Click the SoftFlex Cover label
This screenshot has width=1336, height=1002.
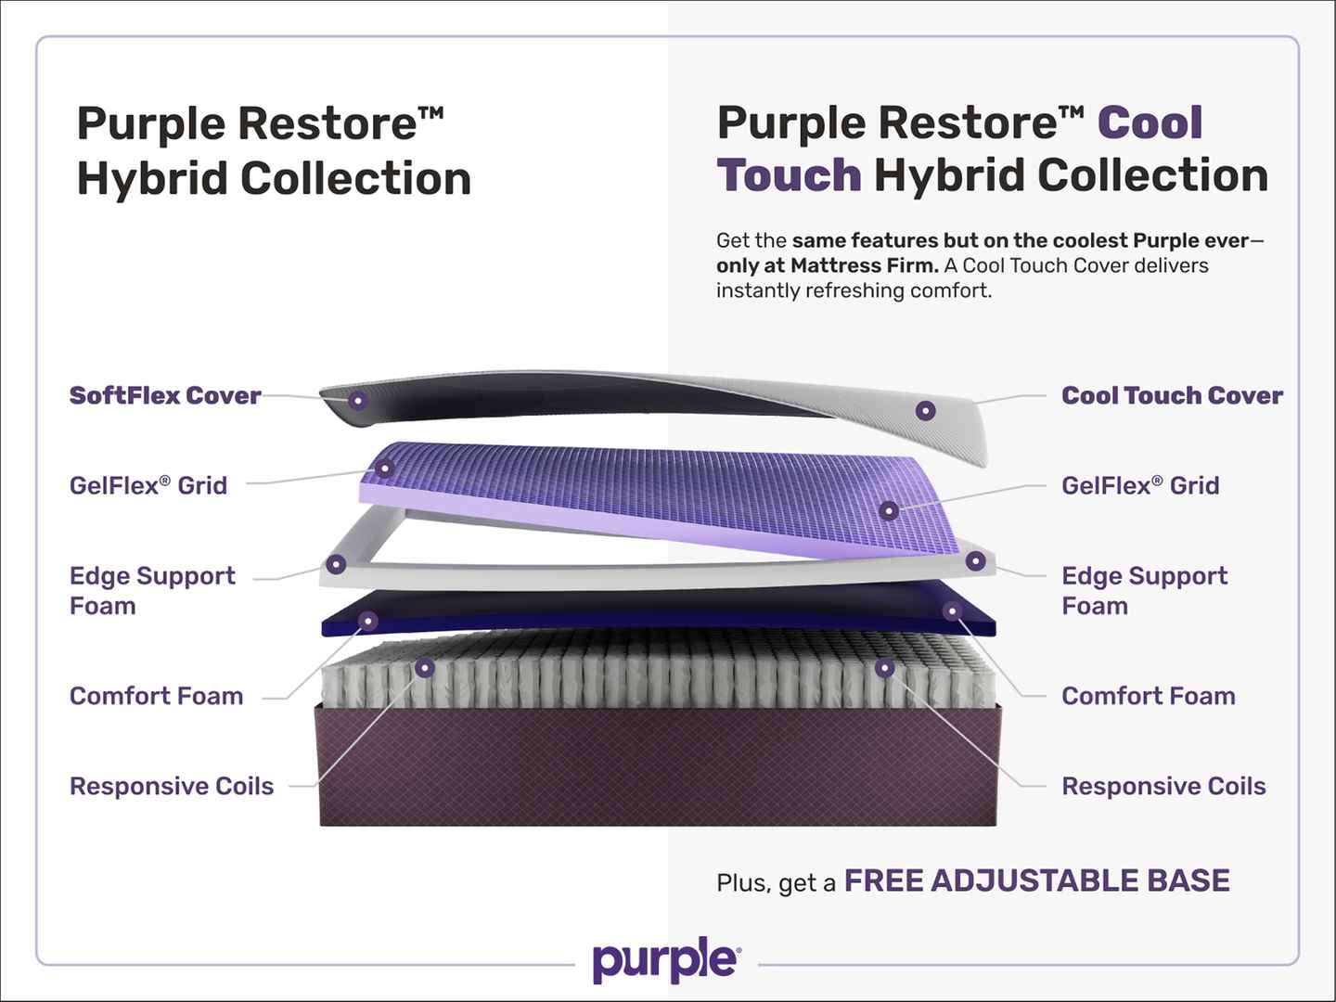[165, 395]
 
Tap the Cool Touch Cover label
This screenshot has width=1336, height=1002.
[1172, 395]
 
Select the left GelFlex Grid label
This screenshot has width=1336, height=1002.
[148, 485]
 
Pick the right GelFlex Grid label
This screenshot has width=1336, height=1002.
[1140, 485]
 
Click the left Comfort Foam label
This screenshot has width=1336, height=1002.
[157, 696]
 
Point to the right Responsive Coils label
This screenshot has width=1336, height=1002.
[1163, 787]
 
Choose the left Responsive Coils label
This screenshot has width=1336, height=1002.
[172, 787]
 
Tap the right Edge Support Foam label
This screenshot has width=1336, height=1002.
[1144, 591]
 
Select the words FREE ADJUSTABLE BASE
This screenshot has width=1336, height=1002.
[1036, 880]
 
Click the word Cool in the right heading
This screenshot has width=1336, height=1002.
[1150, 122]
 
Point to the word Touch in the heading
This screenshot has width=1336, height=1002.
[789, 175]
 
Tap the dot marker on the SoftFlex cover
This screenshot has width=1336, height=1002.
[358, 400]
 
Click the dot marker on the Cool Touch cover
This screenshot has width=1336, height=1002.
[925, 411]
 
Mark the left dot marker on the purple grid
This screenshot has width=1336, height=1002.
[384, 469]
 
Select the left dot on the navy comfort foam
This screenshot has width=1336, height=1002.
[367, 622]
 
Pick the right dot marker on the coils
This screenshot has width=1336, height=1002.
[884, 668]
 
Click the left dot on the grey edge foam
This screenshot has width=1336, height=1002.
[336, 565]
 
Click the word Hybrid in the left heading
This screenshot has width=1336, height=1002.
[152, 179]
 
